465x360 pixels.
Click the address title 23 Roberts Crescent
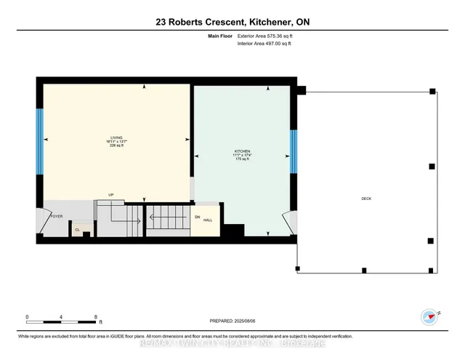click(232, 23)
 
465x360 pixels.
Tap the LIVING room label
click(116, 137)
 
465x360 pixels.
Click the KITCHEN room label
click(241, 151)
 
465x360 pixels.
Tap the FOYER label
click(57, 217)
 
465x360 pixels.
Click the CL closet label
click(77, 230)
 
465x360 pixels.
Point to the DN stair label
click(196, 217)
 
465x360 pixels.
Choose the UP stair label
click(111, 195)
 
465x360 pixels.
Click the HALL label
click(207, 220)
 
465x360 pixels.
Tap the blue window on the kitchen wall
click(294, 151)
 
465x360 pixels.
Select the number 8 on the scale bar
click(96, 316)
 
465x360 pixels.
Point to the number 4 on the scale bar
click(62, 316)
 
